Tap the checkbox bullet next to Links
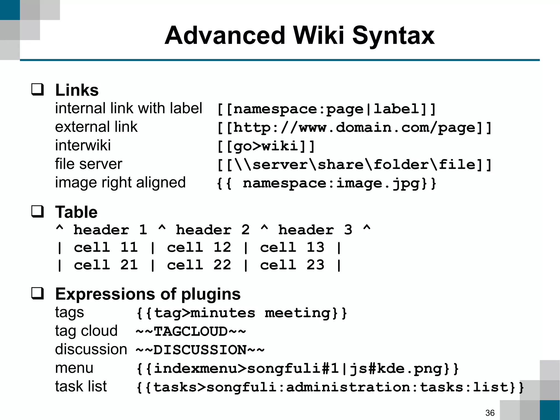coord(37,89)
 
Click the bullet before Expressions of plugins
coord(37,293)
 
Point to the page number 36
coord(490,413)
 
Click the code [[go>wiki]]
coord(266,146)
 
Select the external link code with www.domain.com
coord(354,128)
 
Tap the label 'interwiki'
coord(83,145)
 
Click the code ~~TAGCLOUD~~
coord(191,331)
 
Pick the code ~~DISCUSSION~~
coord(200,350)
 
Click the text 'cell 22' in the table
coord(199,265)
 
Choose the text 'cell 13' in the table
coord(292,247)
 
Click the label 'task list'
coord(81,386)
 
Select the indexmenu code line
coord(297,369)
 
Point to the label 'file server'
coord(88,164)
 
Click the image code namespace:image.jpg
coord(326,183)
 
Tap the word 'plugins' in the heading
coord(211,294)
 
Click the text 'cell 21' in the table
coord(106,265)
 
